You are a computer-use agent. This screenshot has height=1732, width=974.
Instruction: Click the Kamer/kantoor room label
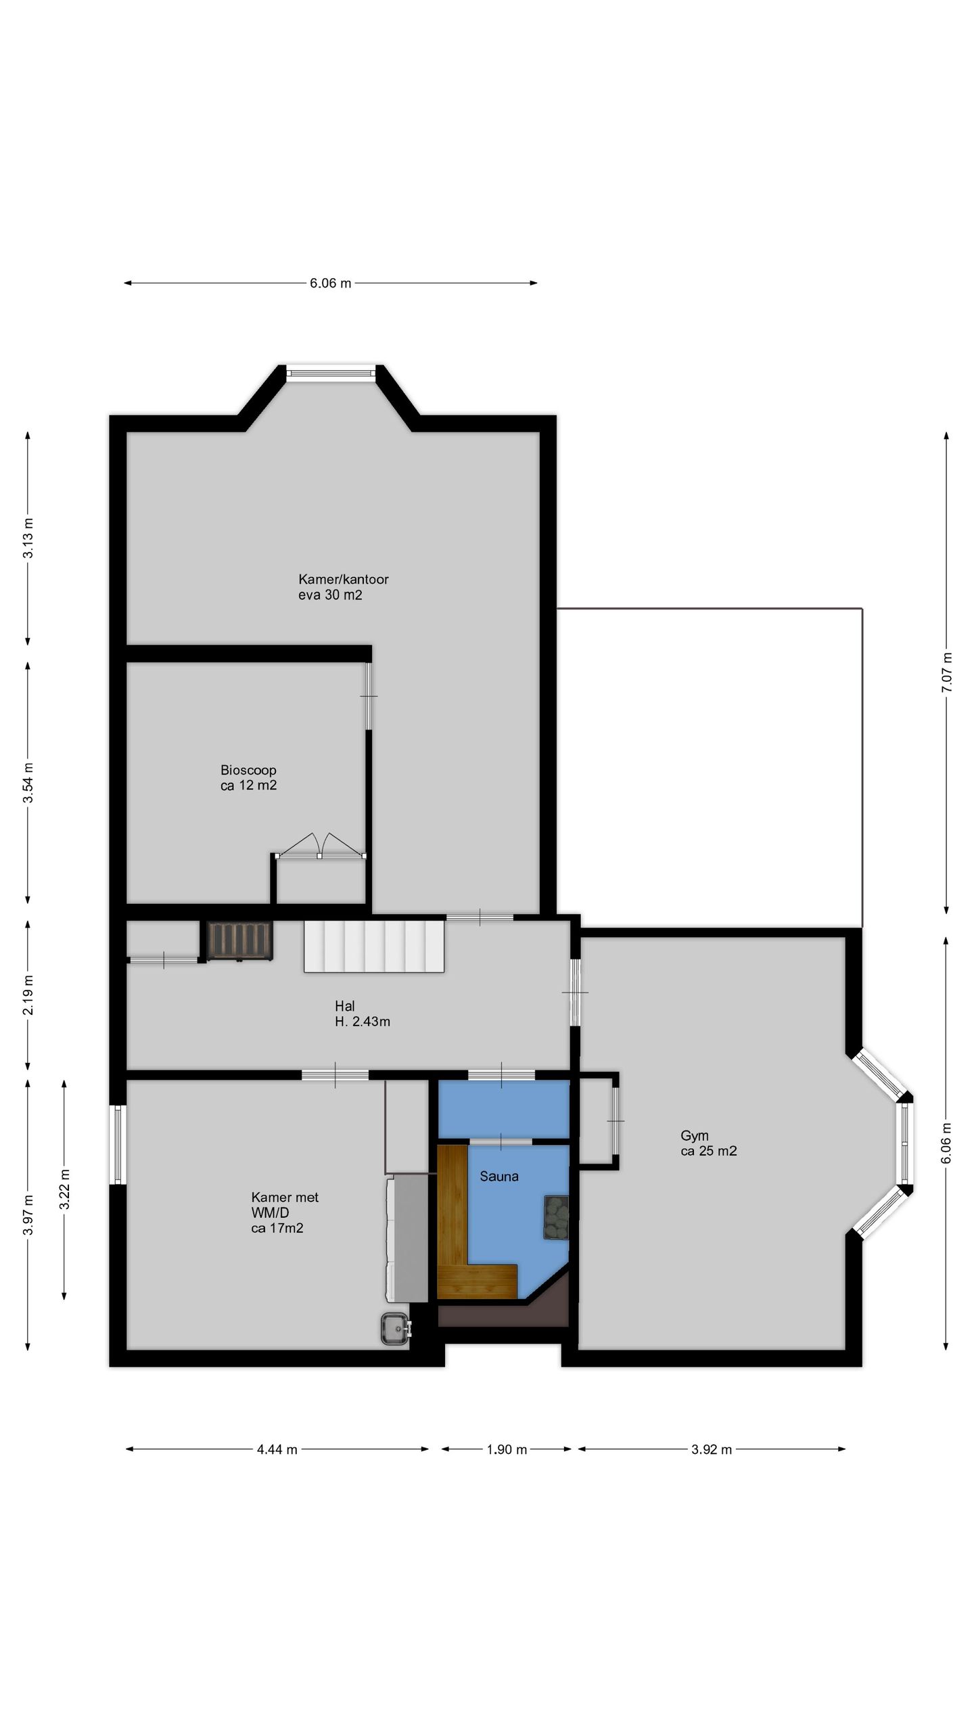[x=344, y=587]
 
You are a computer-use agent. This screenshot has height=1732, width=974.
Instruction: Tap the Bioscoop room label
[x=248, y=777]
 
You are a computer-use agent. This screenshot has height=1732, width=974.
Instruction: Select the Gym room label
[x=708, y=1143]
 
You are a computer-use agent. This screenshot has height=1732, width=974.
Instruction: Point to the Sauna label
[x=499, y=1177]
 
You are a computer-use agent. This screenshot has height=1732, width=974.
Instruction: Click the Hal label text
[x=363, y=1013]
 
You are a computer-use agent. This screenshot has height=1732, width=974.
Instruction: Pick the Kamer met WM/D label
[x=285, y=1212]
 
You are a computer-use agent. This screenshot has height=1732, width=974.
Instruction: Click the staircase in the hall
[x=374, y=947]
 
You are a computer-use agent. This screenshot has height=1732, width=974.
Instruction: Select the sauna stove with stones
[x=555, y=1218]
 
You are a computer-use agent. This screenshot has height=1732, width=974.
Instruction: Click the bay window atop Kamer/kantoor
[x=330, y=373]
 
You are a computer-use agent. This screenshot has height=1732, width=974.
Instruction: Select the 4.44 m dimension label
[x=277, y=1449]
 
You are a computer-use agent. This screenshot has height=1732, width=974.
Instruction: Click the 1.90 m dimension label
[x=507, y=1449]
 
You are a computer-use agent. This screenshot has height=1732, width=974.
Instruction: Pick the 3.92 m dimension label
[x=712, y=1449]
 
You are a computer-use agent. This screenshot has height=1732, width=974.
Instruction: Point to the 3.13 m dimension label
[x=28, y=538]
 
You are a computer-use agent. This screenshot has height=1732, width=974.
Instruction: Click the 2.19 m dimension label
[x=28, y=995]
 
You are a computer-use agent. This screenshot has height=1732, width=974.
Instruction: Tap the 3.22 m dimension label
[x=65, y=1189]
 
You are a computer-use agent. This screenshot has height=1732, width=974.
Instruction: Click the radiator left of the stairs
[x=240, y=940]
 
